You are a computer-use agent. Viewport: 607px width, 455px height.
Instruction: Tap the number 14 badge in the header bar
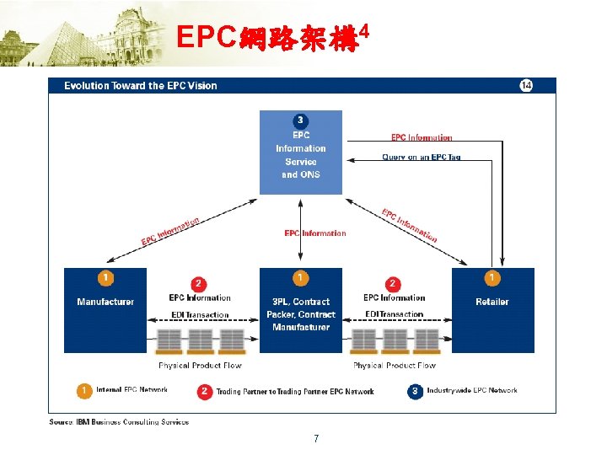pyautogui.click(x=525, y=85)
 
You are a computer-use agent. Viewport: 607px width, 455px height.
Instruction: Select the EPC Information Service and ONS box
pyautogui.click(x=300, y=154)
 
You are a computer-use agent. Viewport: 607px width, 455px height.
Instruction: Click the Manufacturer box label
pyautogui.click(x=105, y=302)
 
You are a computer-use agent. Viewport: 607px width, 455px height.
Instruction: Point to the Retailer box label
pyautogui.click(x=492, y=302)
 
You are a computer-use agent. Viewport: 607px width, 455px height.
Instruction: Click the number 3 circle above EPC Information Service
pyautogui.click(x=300, y=120)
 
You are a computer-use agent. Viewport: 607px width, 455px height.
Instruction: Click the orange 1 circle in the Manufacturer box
pyautogui.click(x=105, y=278)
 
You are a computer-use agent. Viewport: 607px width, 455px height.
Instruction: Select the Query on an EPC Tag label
pyautogui.click(x=422, y=157)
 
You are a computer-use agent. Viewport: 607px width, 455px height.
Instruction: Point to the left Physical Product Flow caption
pyautogui.click(x=200, y=366)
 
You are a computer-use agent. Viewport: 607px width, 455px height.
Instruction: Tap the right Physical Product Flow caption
pyautogui.click(x=395, y=366)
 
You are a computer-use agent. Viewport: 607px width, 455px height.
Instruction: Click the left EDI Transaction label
pyautogui.click(x=200, y=315)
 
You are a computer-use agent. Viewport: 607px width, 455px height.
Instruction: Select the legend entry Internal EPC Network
pyautogui.click(x=132, y=390)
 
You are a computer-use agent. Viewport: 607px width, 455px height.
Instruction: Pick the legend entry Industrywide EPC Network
pyautogui.click(x=471, y=390)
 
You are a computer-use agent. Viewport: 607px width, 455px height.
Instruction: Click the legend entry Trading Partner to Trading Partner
pyautogui.click(x=295, y=391)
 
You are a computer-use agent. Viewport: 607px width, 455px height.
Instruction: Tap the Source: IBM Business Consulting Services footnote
pyautogui.click(x=119, y=421)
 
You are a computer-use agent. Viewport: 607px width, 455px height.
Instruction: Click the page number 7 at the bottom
pyautogui.click(x=315, y=438)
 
